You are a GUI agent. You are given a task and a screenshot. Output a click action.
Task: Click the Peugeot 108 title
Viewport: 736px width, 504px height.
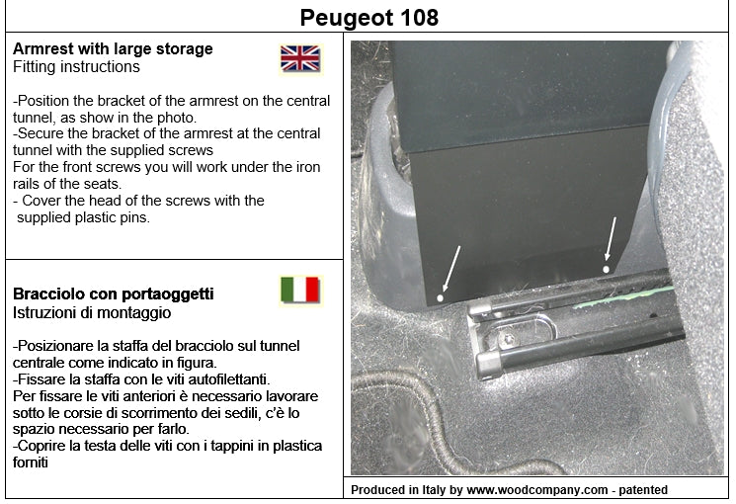(x=368, y=18)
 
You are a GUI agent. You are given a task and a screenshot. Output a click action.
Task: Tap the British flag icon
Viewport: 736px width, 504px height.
(x=300, y=58)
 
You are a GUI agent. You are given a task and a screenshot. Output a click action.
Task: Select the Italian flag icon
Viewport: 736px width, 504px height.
(x=300, y=290)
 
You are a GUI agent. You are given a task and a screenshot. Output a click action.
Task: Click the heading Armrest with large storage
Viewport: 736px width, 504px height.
(x=113, y=48)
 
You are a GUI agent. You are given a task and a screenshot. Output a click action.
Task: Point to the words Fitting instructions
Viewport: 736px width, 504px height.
(x=76, y=66)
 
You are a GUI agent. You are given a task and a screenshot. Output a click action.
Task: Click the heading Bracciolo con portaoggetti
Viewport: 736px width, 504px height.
(x=114, y=294)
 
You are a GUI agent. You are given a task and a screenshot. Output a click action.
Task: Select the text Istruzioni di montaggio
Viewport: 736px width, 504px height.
(x=92, y=313)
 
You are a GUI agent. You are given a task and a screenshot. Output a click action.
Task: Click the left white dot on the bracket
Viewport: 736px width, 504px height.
(x=440, y=297)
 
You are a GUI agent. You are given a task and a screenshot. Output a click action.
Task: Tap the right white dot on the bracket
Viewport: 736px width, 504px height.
(x=606, y=269)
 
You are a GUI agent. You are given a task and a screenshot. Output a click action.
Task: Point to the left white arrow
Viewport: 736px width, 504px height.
(x=450, y=269)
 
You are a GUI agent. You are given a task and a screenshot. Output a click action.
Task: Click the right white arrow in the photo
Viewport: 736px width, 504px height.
(x=611, y=238)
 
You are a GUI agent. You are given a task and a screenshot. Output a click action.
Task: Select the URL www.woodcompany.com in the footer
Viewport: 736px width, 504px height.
(x=537, y=490)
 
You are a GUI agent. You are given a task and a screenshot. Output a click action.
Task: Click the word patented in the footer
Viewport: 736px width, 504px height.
(x=643, y=490)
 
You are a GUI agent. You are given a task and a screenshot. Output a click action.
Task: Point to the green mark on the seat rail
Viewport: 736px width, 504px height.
(x=623, y=296)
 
